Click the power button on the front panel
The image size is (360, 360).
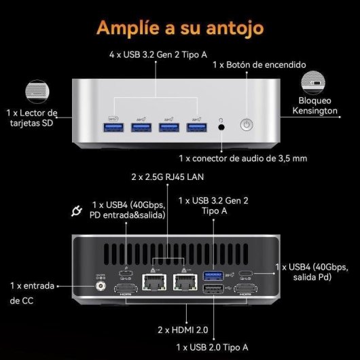pos(246,126)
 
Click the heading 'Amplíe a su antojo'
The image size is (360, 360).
pos(180,28)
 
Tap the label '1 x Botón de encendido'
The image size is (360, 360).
pos(259,65)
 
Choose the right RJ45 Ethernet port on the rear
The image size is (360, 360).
pos(181,275)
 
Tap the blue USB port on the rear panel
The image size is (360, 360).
pos(213,274)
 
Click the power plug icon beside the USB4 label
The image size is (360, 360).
pos(77,211)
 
